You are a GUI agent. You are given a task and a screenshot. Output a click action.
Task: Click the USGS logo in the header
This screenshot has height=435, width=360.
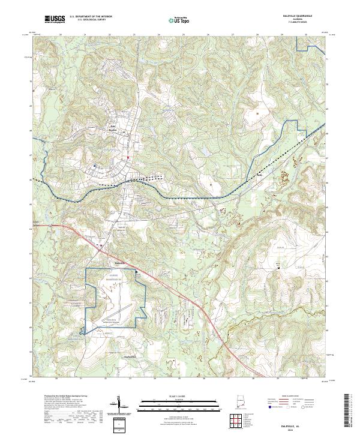pyautogui.click(x=55, y=19)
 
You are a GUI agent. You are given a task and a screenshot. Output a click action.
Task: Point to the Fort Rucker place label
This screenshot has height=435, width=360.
pyautogui.click(x=112, y=128)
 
